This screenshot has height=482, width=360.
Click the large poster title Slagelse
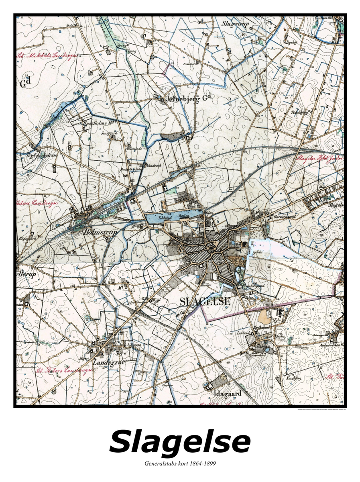(x=180, y=442)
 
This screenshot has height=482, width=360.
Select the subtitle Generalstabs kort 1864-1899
(x=180, y=464)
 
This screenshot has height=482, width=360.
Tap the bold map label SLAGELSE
(x=205, y=301)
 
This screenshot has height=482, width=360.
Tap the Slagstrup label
(x=236, y=24)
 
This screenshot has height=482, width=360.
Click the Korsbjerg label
(x=294, y=378)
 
